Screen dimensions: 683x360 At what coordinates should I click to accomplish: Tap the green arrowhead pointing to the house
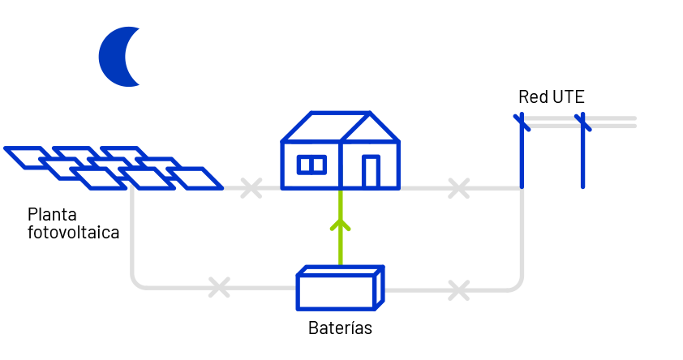pyautogui.click(x=340, y=225)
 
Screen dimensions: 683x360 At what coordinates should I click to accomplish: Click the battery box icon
pyautogui.click(x=340, y=288)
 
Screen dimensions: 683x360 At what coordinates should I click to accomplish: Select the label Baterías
pyautogui.click(x=340, y=328)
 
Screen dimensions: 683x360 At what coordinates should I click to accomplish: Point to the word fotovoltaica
pyautogui.click(x=73, y=232)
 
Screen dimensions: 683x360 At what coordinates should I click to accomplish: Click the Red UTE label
pyautogui.click(x=551, y=96)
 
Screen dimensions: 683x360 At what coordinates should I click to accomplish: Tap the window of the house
pyautogui.click(x=311, y=165)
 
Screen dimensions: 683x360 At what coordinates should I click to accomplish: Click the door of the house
pyautogui.click(x=372, y=171)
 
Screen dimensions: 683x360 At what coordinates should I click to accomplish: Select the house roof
pyautogui.click(x=340, y=126)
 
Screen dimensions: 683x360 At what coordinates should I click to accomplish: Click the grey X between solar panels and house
pyautogui.click(x=251, y=188)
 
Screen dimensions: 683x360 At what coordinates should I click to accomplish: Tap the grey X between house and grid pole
pyautogui.click(x=458, y=188)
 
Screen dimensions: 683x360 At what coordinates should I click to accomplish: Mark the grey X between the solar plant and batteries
pyautogui.click(x=219, y=287)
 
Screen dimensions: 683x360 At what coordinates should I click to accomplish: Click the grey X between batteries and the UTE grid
pyautogui.click(x=458, y=290)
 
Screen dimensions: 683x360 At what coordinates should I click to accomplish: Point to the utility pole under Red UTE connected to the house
pyautogui.click(x=522, y=151)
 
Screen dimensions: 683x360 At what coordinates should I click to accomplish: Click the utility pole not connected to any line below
pyautogui.click(x=582, y=151)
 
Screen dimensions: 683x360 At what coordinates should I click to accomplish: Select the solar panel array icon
pyautogui.click(x=114, y=168)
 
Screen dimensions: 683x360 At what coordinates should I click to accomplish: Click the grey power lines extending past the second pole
pyautogui.click(x=610, y=122)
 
